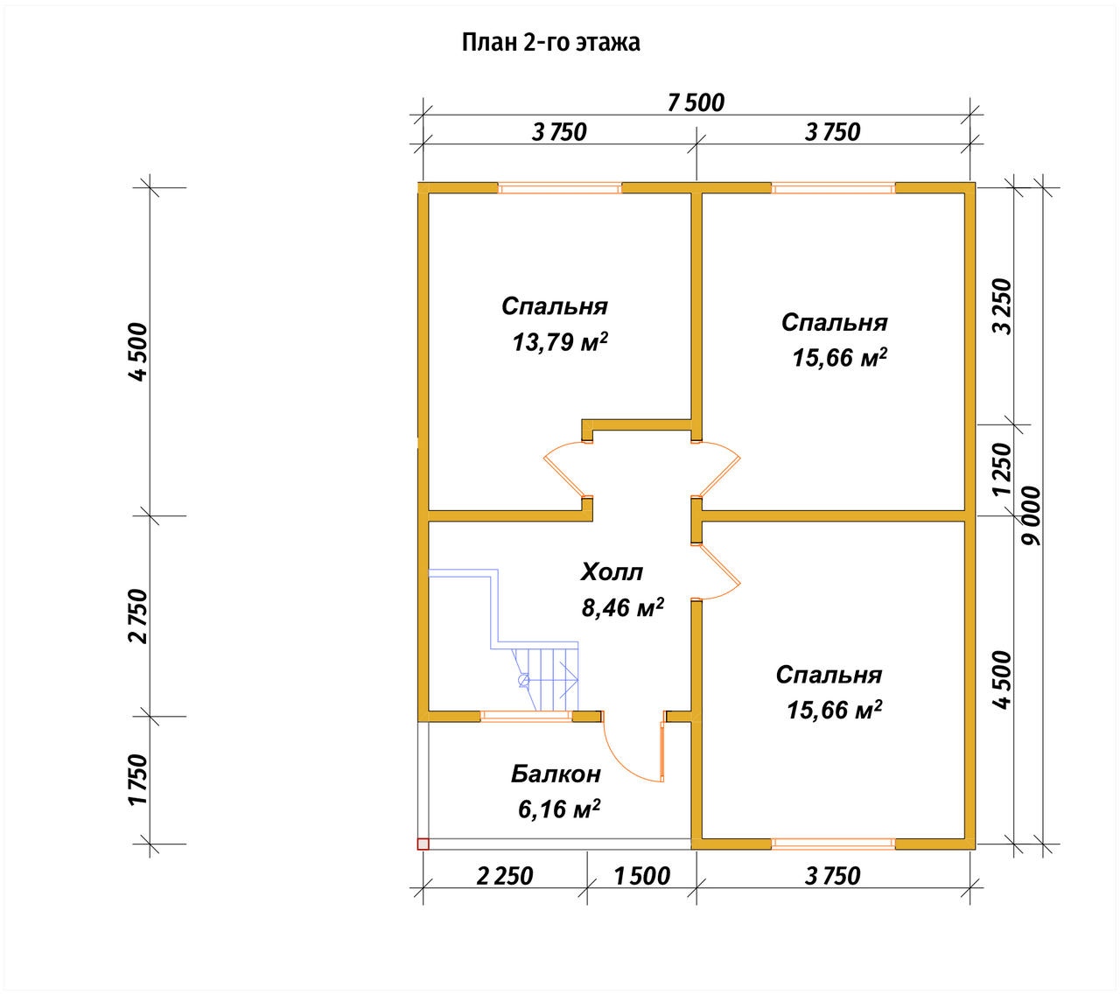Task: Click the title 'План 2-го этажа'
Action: pos(550,43)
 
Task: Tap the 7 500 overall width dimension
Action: pos(696,103)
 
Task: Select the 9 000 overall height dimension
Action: pos(1031,515)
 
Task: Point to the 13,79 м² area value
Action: pos(559,342)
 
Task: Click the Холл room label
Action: pos(612,572)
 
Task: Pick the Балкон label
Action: pos(556,774)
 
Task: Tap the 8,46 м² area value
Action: pos(622,607)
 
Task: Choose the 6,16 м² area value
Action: pos(559,809)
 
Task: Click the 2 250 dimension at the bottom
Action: pos(505,876)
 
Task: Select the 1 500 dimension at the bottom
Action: pos(642,876)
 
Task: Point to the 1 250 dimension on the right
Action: pos(1002,470)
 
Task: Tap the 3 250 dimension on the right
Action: pos(1002,306)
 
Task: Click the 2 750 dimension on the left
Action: pos(138,616)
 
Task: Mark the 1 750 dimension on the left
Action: pos(138,780)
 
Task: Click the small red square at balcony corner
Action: pos(423,844)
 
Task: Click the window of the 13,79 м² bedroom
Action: pos(559,189)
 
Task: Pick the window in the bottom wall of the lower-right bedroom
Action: pos(833,844)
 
